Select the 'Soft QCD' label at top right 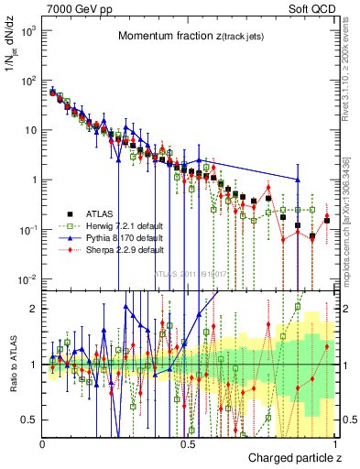tap(314, 8)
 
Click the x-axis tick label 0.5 tap(188, 442)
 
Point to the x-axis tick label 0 tap(43, 442)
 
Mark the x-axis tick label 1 tap(333, 442)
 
